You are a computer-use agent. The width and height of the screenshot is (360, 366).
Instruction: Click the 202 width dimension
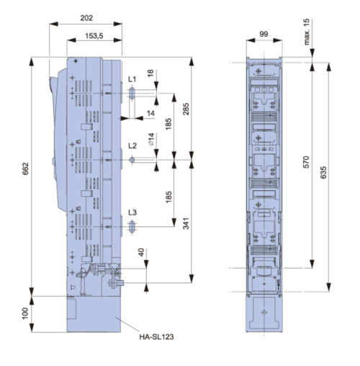[x=86, y=18]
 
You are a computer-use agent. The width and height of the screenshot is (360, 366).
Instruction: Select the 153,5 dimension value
[x=94, y=36]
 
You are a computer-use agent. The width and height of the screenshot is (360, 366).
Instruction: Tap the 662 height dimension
[x=25, y=169]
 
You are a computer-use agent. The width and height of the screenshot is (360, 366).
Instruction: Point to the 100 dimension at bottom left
[x=25, y=313]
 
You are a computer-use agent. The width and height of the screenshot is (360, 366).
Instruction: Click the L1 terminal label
[x=132, y=79]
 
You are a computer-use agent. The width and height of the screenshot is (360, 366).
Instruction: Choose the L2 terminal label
[x=132, y=146]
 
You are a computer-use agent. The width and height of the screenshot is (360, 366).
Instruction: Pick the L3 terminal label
[x=132, y=213]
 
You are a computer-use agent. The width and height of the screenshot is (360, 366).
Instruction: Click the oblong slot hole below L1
[x=132, y=93]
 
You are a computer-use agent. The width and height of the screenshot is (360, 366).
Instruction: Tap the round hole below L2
[x=132, y=160]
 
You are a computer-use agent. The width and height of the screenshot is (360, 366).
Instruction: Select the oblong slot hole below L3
[x=132, y=226]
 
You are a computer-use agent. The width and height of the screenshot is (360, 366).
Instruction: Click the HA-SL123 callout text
[x=156, y=336]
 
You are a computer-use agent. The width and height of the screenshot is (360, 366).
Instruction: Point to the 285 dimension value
[x=186, y=109]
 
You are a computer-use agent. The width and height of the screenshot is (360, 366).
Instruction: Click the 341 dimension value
[x=186, y=223]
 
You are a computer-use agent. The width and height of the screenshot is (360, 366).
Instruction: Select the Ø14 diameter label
[x=151, y=139]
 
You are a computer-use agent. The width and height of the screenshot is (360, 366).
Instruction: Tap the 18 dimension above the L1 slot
[x=150, y=73]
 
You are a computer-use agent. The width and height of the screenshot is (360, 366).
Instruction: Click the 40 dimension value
[x=141, y=252]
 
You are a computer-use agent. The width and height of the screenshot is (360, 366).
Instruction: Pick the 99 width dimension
[x=264, y=34]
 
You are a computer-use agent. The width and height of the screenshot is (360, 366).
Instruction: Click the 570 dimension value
[x=306, y=162]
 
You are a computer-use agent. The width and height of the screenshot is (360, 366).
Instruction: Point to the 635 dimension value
[x=323, y=172]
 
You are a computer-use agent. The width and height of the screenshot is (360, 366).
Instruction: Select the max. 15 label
[x=307, y=32]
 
